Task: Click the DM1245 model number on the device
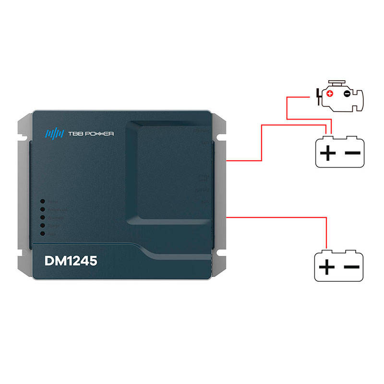tap(71, 262)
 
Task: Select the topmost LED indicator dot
tap(43, 202)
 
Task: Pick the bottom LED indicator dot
tap(43, 233)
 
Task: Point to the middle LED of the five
tap(43, 217)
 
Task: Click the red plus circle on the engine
tap(329, 94)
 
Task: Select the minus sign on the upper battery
tap(352, 154)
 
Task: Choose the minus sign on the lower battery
tap(352, 267)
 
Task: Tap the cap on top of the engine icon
tap(336, 84)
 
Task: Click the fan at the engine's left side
tap(317, 96)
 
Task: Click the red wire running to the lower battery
tap(288, 217)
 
